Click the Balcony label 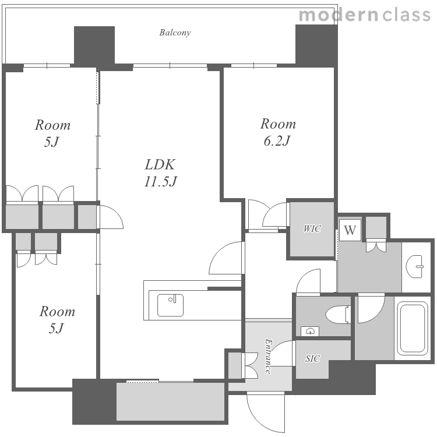point(175,33)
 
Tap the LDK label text point(160,165)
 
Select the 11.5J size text point(161,181)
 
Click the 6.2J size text point(277,141)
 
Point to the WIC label point(312,229)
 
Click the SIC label point(312,358)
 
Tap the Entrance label point(268,356)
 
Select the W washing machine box point(350,230)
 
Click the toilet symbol point(338,315)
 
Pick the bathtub point(412,328)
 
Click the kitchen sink point(170,305)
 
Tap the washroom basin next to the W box point(415,266)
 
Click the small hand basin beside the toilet point(310,331)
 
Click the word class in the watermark point(406,15)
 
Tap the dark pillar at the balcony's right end point(316,45)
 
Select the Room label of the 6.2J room point(278,124)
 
